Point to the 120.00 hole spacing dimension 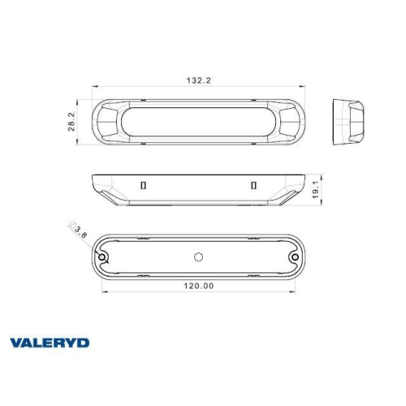[198, 285]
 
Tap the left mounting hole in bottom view [104, 257]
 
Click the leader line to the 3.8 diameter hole [91, 244]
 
